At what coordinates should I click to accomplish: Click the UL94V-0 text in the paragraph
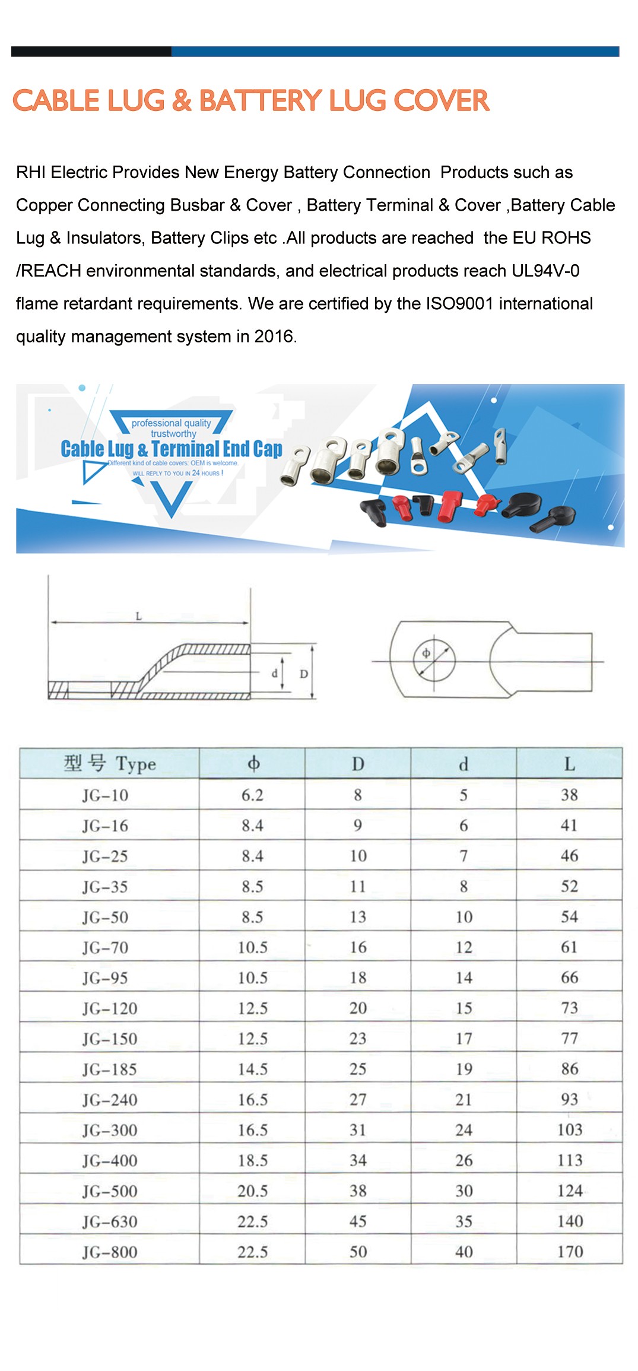[x=545, y=271]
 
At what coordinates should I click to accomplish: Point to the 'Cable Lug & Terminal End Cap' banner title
[x=172, y=449]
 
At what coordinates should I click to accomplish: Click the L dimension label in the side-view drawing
[x=139, y=616]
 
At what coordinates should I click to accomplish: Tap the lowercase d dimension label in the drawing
[x=274, y=674]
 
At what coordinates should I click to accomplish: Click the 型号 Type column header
[x=110, y=763]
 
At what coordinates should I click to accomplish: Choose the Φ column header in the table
[x=253, y=763]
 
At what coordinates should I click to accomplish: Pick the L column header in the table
[x=569, y=764]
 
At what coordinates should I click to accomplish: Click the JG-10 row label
[x=105, y=795]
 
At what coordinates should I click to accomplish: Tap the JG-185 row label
[x=110, y=1069]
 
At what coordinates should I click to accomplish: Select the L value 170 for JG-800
[x=570, y=1252]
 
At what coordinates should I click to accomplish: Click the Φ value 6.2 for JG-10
[x=252, y=795]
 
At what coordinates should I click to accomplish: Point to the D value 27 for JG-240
[x=358, y=1100]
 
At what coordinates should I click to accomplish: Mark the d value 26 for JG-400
[x=464, y=1160]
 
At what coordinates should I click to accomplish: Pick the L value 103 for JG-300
[x=570, y=1129]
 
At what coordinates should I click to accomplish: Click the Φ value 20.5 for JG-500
[x=253, y=1191]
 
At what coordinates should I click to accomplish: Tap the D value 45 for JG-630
[x=358, y=1221]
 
